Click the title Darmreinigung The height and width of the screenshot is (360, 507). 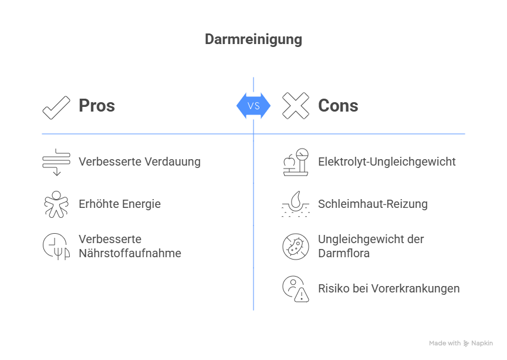pos(253,39)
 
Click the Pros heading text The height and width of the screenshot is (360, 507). pos(97,106)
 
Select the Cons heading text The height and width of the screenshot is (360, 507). pos(338,106)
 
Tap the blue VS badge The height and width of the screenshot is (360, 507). pos(253,106)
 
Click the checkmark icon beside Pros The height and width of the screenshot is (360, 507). pos(56,107)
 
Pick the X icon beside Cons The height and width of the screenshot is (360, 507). pos(295,106)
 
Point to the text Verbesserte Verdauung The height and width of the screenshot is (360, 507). pos(140,162)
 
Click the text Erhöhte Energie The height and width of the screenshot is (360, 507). pos(120,204)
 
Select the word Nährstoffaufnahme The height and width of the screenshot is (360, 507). pos(130,254)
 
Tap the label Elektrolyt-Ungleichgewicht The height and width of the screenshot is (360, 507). pos(387,162)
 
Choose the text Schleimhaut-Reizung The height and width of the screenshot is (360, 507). pos(373,204)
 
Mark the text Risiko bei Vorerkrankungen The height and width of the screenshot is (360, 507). pos(388,288)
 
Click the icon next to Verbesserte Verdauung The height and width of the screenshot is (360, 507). pos(56,162)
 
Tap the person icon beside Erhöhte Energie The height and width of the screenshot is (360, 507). pos(56,204)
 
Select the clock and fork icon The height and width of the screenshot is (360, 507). pos(56,247)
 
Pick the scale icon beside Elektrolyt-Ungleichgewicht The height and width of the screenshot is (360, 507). pos(295,162)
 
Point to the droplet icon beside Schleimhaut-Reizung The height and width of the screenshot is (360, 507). pos(295,204)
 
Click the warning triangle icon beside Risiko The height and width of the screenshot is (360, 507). pos(301,295)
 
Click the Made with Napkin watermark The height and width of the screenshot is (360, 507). pos(461,344)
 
